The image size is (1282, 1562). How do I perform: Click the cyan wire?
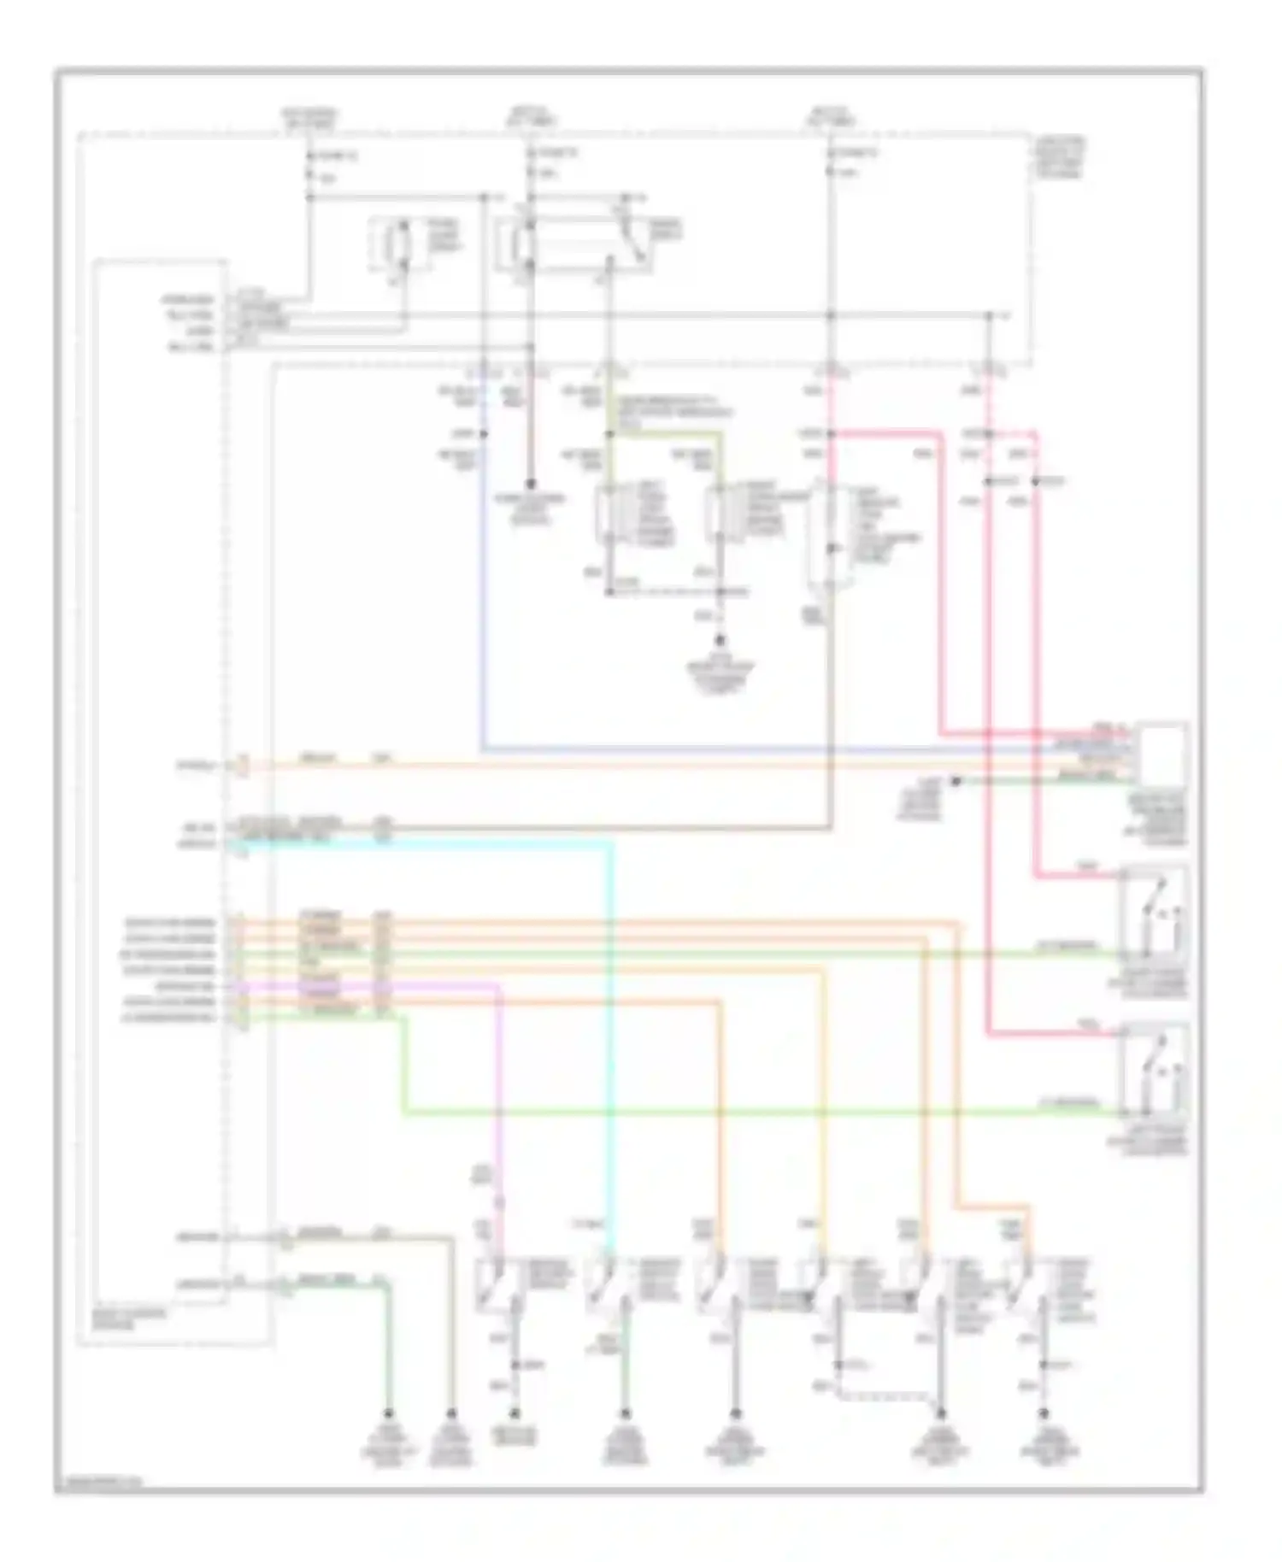tap(611, 1025)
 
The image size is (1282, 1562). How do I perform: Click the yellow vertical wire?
tap(824, 1111)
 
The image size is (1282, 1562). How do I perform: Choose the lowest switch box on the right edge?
tap(1155, 1068)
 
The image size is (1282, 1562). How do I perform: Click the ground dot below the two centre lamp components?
tap(720, 640)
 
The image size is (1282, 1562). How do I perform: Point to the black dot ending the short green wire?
tap(956, 780)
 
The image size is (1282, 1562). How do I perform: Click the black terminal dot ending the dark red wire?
tap(530, 483)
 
